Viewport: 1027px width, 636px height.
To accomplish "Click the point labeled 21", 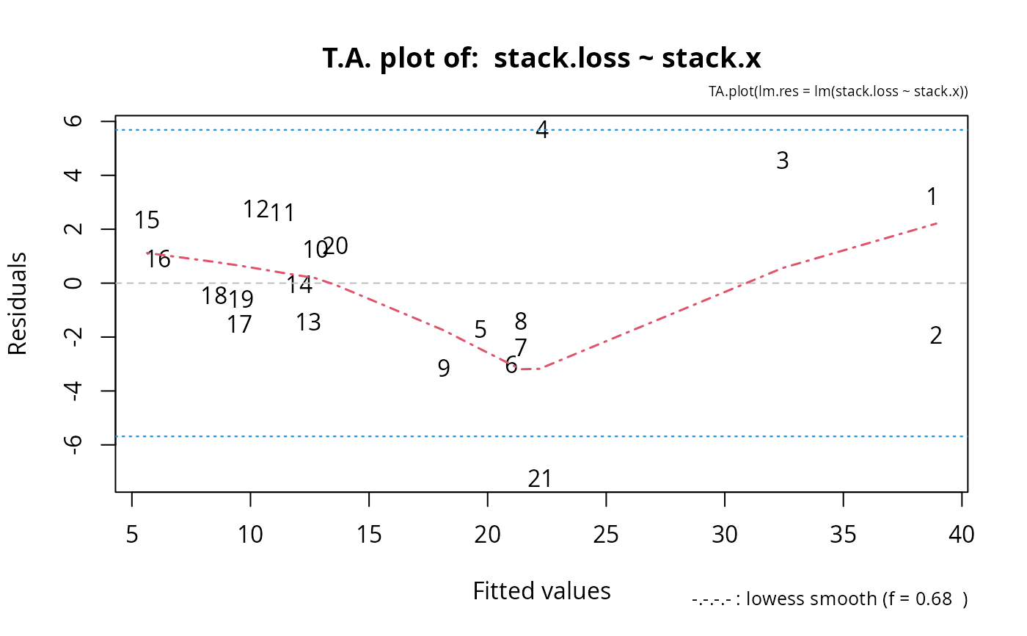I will click(x=540, y=479).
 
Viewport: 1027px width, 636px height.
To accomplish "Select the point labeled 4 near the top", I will click(x=542, y=130).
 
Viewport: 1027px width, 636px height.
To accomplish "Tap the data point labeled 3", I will click(x=783, y=161).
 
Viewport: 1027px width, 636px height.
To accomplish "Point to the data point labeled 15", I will click(x=147, y=220).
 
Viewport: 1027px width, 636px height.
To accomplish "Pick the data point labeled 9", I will click(x=444, y=369).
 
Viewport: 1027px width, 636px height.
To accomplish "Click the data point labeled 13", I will click(x=309, y=322).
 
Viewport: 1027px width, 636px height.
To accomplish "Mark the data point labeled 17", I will click(x=239, y=324).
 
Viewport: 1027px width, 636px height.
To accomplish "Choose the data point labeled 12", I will click(x=256, y=209).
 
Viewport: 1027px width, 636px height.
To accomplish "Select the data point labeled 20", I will click(x=336, y=246).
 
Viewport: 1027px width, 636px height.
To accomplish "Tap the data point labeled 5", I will click(x=480, y=330).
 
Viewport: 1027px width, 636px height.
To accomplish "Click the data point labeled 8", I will click(x=521, y=322).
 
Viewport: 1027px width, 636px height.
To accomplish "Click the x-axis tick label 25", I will click(x=606, y=534).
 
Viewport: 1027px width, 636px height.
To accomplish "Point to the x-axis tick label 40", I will click(x=962, y=534).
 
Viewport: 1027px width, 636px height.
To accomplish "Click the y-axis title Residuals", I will click(x=18, y=304).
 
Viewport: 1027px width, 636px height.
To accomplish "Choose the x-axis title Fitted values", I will click(x=541, y=591).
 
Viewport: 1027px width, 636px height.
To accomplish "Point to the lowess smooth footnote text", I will click(x=830, y=599).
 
